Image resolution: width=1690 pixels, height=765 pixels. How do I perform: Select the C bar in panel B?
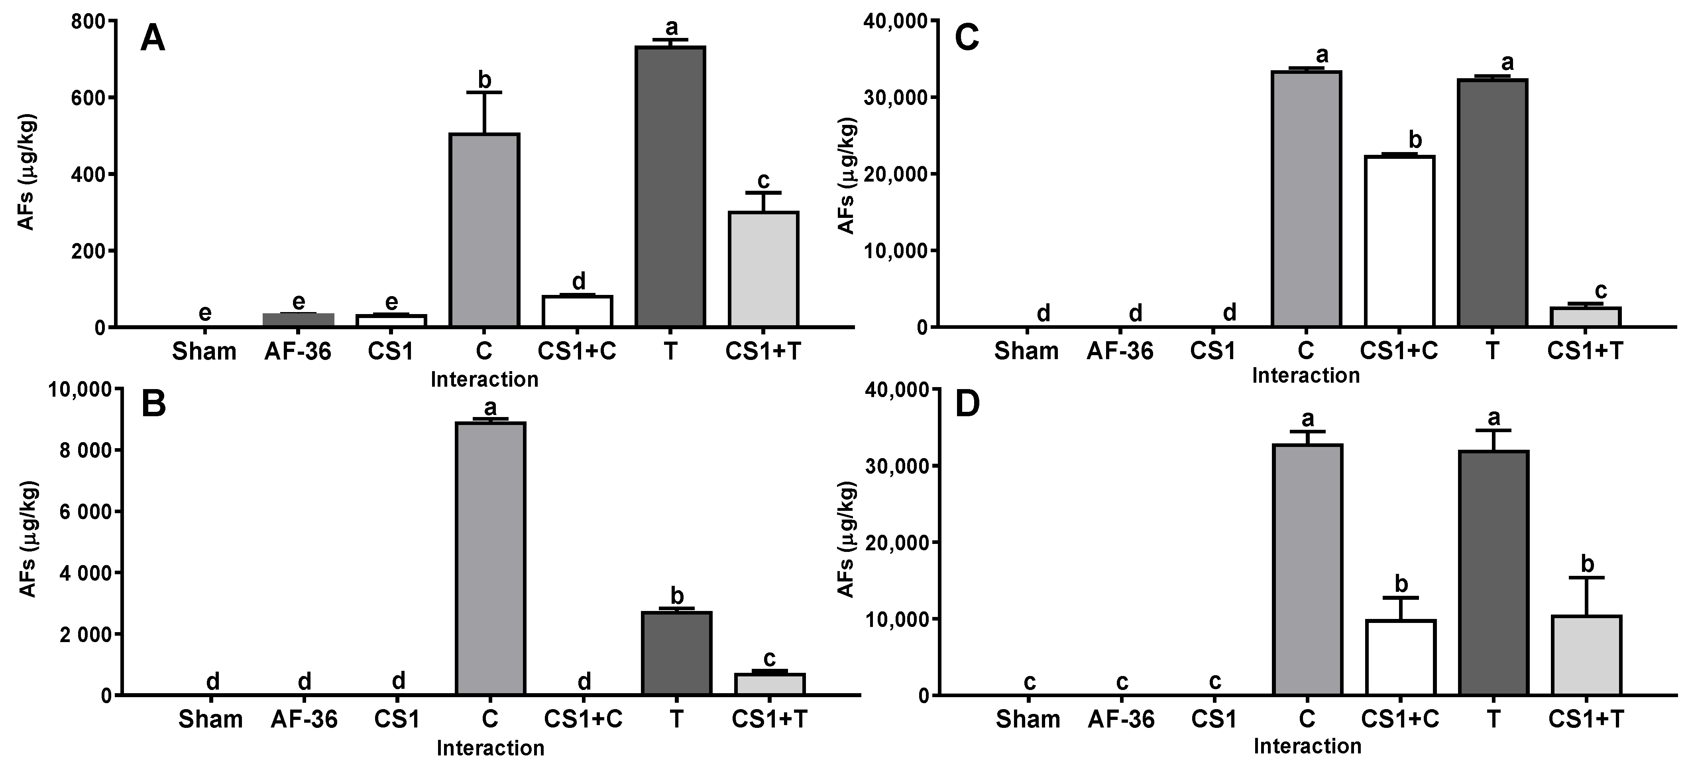490,558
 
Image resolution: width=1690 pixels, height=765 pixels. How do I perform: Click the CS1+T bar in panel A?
763,269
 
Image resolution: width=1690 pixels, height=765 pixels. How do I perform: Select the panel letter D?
968,405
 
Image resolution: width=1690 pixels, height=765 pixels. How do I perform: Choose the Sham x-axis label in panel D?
1028,719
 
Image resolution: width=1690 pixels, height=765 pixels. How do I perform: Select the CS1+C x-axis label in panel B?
583,719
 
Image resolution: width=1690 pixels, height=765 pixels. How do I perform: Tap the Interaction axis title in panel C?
1305,376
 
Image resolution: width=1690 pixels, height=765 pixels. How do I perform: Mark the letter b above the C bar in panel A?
484,80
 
